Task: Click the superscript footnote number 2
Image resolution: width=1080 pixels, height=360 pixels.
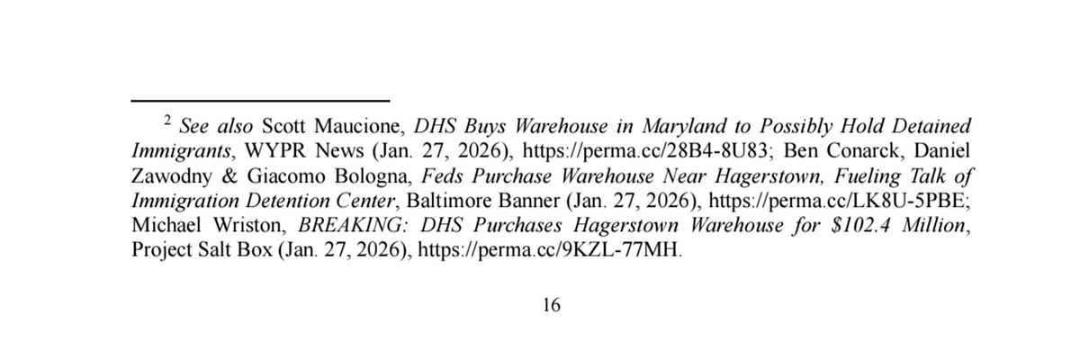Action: click(167, 120)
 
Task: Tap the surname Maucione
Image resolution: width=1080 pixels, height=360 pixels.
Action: click(356, 126)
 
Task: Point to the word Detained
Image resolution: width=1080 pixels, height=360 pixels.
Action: click(931, 126)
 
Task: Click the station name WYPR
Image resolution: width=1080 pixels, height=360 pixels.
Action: click(274, 151)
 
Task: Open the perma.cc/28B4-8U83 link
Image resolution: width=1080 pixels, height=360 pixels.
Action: click(645, 151)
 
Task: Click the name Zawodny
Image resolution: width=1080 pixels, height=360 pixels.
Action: click(171, 176)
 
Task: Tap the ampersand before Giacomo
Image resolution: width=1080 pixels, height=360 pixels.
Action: click(229, 176)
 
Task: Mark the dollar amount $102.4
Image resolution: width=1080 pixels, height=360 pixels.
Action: click(861, 226)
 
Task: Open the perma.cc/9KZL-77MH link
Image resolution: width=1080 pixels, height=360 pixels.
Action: click(548, 250)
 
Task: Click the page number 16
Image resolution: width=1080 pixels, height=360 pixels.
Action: click(552, 305)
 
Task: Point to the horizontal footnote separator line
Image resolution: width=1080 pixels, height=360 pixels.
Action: click(260, 101)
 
